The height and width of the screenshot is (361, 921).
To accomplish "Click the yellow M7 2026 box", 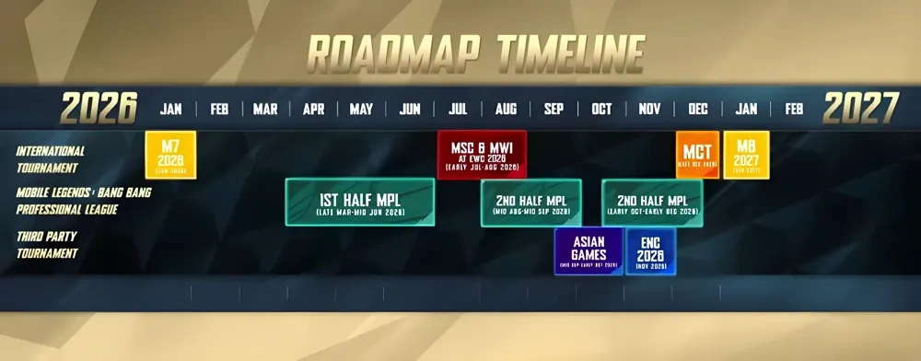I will (x=170, y=155).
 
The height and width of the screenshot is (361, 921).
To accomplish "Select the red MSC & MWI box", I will (x=482, y=155).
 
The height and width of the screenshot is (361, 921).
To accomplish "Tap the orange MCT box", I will (x=697, y=155).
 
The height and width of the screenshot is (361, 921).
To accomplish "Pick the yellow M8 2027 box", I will (x=746, y=155).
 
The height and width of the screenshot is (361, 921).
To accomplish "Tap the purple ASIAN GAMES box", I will (x=588, y=250).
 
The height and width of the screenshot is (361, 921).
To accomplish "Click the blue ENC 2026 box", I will (x=650, y=250).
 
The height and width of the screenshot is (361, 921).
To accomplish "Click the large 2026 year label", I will (x=99, y=109).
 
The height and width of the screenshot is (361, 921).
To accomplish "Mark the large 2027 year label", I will (x=860, y=109).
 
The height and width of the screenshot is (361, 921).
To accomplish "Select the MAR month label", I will (x=265, y=110).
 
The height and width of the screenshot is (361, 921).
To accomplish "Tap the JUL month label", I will (x=458, y=110).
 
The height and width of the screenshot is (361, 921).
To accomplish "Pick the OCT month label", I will (x=601, y=110).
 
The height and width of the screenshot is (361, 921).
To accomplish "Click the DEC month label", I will (x=697, y=110).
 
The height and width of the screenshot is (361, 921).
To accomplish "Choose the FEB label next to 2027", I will (x=794, y=110).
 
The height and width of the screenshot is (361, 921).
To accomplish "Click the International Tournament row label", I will (x=51, y=159).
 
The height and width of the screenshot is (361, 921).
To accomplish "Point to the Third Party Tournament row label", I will (x=47, y=244).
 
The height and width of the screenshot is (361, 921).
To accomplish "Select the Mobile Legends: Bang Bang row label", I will (x=83, y=201).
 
